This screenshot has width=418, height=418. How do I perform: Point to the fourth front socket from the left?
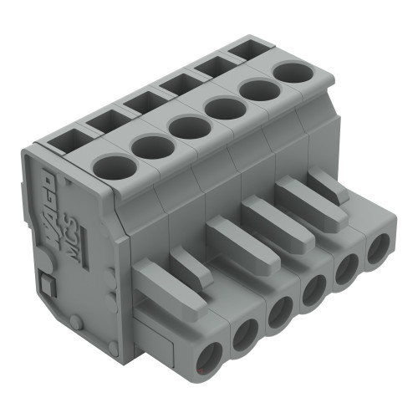[314, 292]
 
